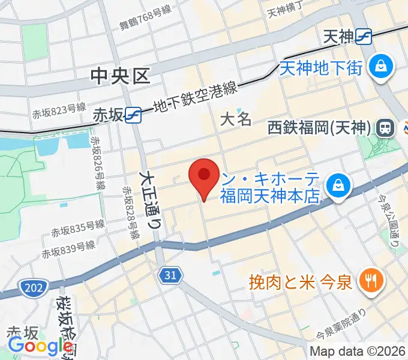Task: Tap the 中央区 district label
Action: pyautogui.click(x=120, y=76)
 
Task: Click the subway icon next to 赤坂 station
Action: pyautogui.click(x=133, y=115)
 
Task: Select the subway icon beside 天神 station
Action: pyautogui.click(x=364, y=37)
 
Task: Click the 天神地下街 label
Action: pyautogui.click(x=321, y=67)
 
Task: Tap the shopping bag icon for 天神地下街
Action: pyautogui.click(x=380, y=65)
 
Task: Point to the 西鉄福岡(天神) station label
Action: pyautogui.click(x=319, y=128)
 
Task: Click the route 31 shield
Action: pyautogui.click(x=170, y=275)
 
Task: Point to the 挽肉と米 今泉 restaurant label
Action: pyautogui.click(x=300, y=280)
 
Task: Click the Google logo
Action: pyautogui.click(x=40, y=346)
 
